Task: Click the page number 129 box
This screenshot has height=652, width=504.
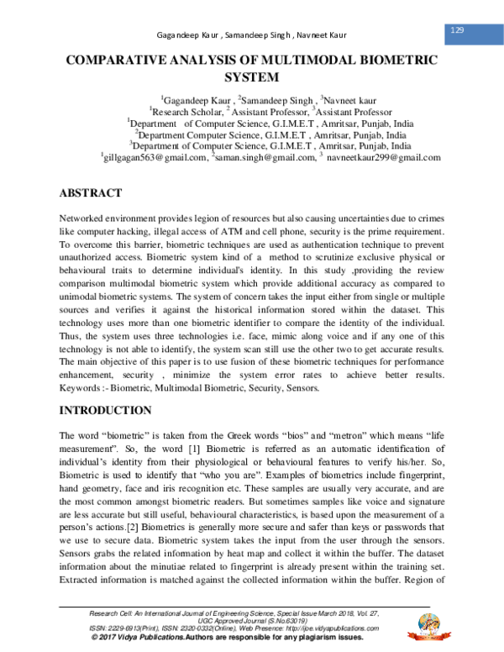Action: click(x=458, y=30)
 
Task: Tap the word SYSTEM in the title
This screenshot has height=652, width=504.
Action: click(x=251, y=78)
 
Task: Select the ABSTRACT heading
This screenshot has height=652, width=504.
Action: click(x=91, y=193)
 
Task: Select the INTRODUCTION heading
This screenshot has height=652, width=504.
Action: click(x=105, y=411)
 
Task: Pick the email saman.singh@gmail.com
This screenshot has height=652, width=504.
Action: click(x=265, y=156)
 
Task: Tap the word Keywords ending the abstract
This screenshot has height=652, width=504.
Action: click(x=82, y=388)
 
